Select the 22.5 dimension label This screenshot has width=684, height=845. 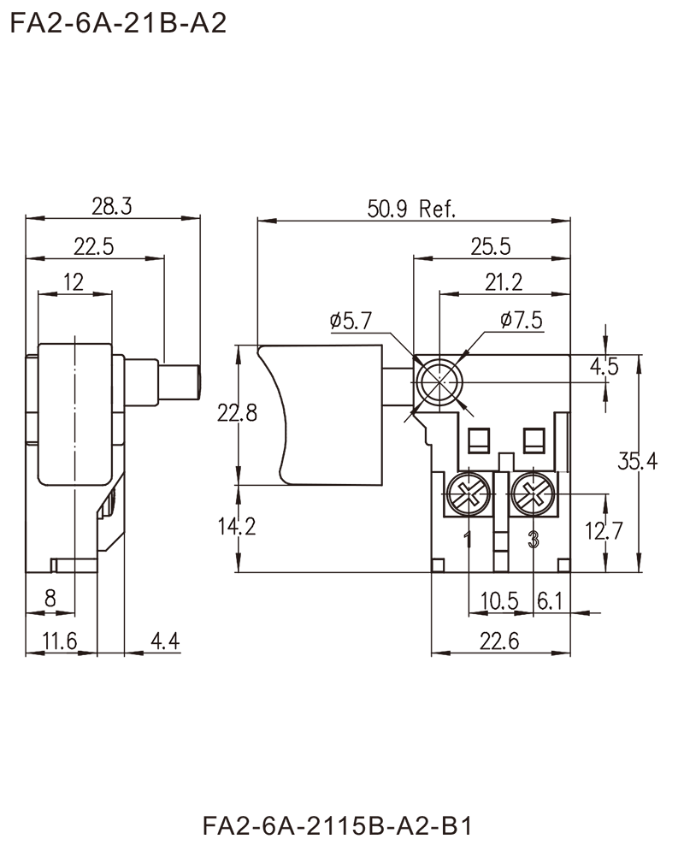tap(93, 246)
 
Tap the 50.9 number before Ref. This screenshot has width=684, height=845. tap(392, 208)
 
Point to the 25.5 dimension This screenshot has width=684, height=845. tap(492, 246)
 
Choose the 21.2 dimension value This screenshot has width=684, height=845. tap(505, 280)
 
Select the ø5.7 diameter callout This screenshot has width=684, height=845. tap(351, 322)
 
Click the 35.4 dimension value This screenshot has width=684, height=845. tap(638, 463)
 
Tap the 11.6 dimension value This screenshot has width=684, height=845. tap(62, 638)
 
